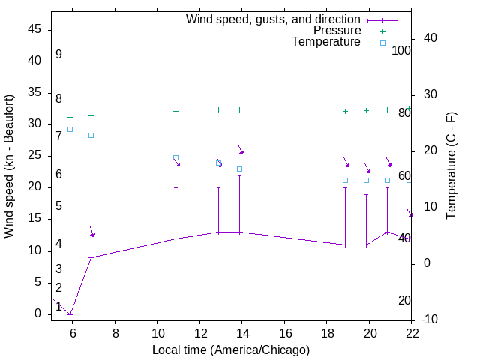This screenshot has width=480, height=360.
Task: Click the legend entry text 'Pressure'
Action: click(x=337, y=31)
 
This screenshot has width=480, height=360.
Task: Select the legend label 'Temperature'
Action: click(x=326, y=42)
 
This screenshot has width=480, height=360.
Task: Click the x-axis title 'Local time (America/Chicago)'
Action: click(x=231, y=350)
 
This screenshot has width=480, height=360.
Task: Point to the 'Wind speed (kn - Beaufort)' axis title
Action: click(x=9, y=166)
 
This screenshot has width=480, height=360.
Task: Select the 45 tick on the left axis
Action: click(x=34, y=29)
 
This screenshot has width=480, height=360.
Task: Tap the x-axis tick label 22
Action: click(x=412, y=332)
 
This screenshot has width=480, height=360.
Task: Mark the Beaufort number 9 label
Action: click(x=58, y=55)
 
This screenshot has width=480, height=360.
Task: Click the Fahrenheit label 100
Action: click(x=401, y=51)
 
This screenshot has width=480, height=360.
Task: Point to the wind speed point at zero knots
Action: click(x=70, y=313)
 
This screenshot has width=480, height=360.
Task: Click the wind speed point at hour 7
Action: click(x=91, y=257)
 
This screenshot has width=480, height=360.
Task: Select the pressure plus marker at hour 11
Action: click(x=175, y=111)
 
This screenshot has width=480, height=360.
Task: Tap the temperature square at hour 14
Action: click(x=239, y=169)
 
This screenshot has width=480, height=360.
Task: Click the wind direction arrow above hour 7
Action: click(x=91, y=232)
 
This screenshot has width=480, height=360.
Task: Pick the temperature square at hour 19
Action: click(x=345, y=180)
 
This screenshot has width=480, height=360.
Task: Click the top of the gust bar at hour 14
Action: click(x=239, y=175)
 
